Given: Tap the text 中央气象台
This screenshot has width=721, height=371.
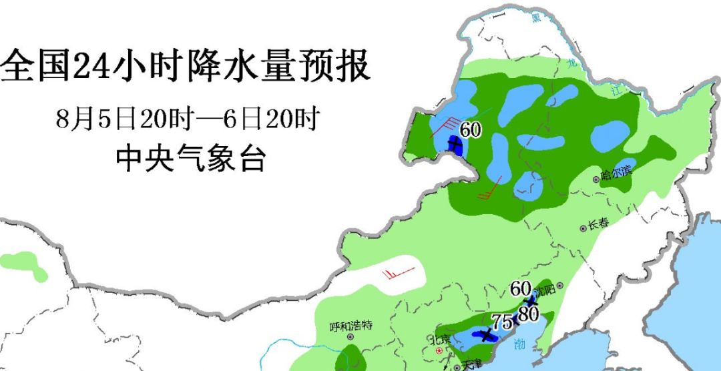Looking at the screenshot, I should coord(190,159).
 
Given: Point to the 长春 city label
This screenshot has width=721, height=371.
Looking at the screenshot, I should coord(598,224).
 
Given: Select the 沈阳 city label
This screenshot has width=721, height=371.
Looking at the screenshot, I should coord(544,292).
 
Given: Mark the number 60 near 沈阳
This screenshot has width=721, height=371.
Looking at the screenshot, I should coord(520,289).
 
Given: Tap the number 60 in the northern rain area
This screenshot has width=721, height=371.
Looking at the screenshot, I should coord(470,130).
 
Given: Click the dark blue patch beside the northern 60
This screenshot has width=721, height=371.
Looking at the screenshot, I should coord(456,145).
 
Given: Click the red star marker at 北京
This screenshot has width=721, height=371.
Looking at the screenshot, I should coord(438,349).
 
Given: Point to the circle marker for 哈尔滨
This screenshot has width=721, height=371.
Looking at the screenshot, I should coord(596,179).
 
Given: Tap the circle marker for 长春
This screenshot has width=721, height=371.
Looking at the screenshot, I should coord(583,228).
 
